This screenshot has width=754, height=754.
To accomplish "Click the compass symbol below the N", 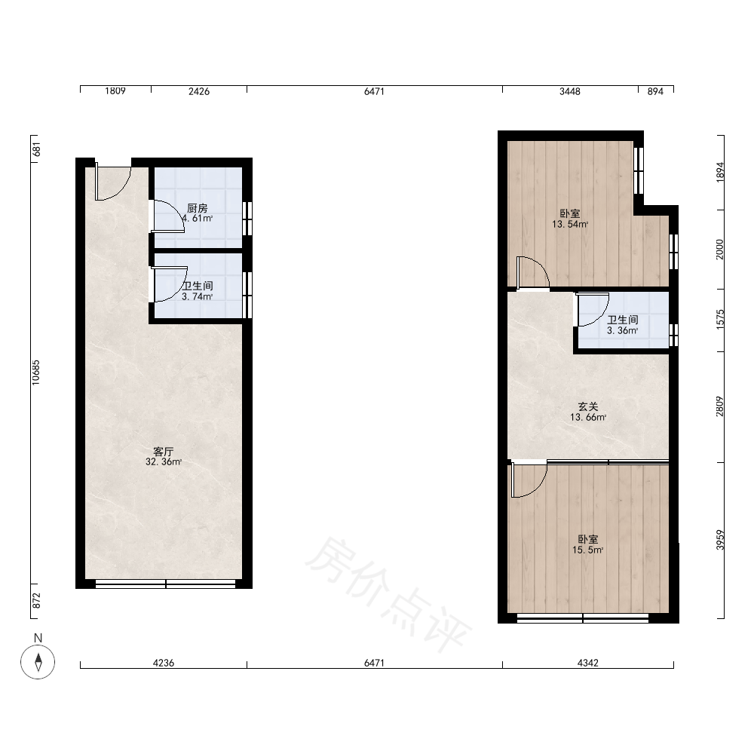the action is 38,662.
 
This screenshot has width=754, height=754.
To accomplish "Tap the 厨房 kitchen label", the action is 197,208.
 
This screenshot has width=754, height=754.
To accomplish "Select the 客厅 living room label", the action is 163,452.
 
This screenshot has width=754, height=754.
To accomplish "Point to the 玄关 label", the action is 587,407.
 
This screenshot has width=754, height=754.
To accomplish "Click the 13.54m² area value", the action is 570,224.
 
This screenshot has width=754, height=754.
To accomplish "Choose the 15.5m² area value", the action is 587,550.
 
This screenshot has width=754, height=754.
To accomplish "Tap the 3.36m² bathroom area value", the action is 622,331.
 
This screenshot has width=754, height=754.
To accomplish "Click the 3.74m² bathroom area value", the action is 197,296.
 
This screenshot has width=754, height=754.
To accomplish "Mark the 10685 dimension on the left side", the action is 36,372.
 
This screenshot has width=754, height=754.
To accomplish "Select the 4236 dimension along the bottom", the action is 164,663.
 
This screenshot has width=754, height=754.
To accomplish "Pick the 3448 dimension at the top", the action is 570,91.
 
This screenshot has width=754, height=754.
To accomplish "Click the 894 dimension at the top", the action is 655,91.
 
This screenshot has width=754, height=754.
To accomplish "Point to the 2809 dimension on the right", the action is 720,406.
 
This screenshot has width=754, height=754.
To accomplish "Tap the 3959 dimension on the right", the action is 720,540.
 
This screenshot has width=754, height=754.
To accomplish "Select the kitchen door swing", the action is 168,216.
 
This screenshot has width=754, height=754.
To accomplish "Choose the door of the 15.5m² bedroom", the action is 529,480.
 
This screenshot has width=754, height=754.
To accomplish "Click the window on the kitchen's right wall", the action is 247,219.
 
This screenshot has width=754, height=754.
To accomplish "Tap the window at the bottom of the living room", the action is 165,584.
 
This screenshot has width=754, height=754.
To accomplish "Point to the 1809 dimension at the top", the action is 115,91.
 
